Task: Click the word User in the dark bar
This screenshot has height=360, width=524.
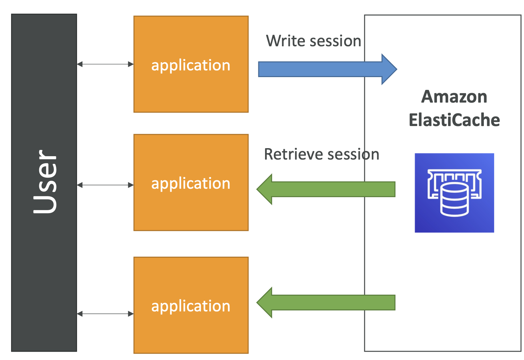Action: (x=45, y=181)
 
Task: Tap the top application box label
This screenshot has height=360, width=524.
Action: (x=191, y=65)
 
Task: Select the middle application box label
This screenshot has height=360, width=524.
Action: (x=191, y=183)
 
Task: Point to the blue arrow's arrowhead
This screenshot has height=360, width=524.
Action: (x=389, y=69)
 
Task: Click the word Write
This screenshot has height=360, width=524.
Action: (x=286, y=41)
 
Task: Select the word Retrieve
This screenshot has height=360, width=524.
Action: (x=293, y=155)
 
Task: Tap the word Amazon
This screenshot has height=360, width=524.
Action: (x=454, y=97)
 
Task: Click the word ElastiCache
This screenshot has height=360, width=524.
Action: (x=454, y=120)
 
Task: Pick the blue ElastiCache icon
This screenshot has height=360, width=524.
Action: (x=454, y=193)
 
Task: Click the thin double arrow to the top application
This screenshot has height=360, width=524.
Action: (x=105, y=64)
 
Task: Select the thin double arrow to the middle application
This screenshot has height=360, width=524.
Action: (x=105, y=185)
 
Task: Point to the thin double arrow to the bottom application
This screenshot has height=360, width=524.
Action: (x=105, y=314)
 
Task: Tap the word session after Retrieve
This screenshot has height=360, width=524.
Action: (x=353, y=155)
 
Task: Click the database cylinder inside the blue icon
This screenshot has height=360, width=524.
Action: (x=455, y=200)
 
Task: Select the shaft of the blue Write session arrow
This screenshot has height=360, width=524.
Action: (x=320, y=69)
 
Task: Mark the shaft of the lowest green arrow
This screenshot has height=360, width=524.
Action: (x=334, y=303)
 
